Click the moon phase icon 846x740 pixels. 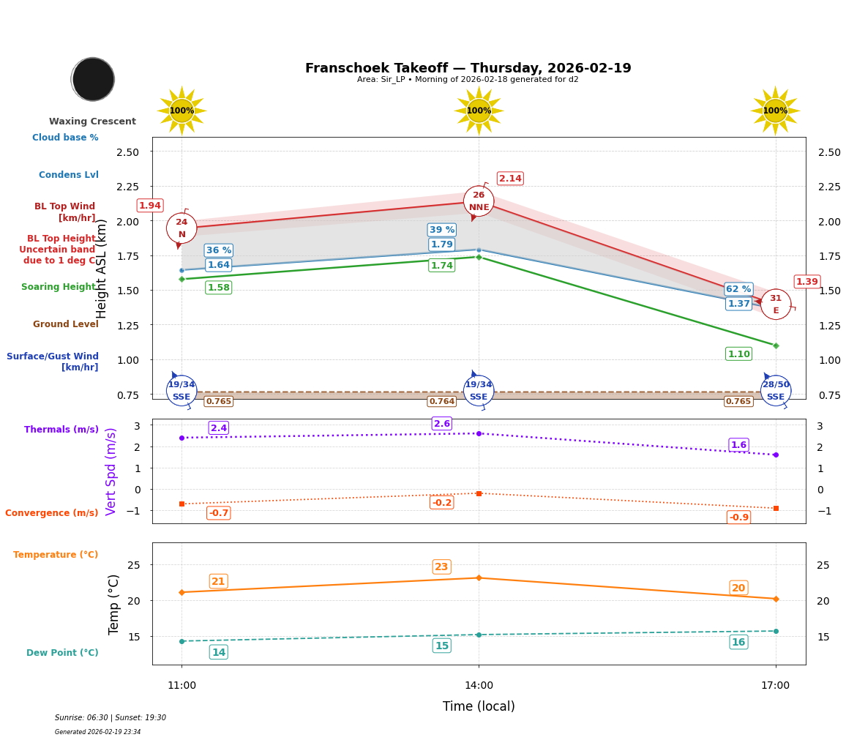[93, 79]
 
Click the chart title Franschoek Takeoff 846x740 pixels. [468, 68]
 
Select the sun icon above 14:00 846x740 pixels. [479, 111]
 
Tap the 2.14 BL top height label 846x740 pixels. [510, 179]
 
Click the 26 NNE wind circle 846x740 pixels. [479, 201]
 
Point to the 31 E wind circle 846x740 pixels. [776, 304]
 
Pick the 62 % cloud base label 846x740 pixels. [738, 289]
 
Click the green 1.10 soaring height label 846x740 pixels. [738, 354]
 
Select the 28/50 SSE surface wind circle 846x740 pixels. [776, 391]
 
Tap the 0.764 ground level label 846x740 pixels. [441, 402]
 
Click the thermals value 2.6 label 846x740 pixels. [442, 424]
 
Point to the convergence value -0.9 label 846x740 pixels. [739, 517]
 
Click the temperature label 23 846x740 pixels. [441, 567]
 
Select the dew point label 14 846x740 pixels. [218, 652]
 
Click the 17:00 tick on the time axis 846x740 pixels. [775, 686]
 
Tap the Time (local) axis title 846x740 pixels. [479, 706]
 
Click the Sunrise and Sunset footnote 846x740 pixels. [111, 718]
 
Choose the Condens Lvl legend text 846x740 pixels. [69, 175]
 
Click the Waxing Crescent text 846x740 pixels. [92, 122]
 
